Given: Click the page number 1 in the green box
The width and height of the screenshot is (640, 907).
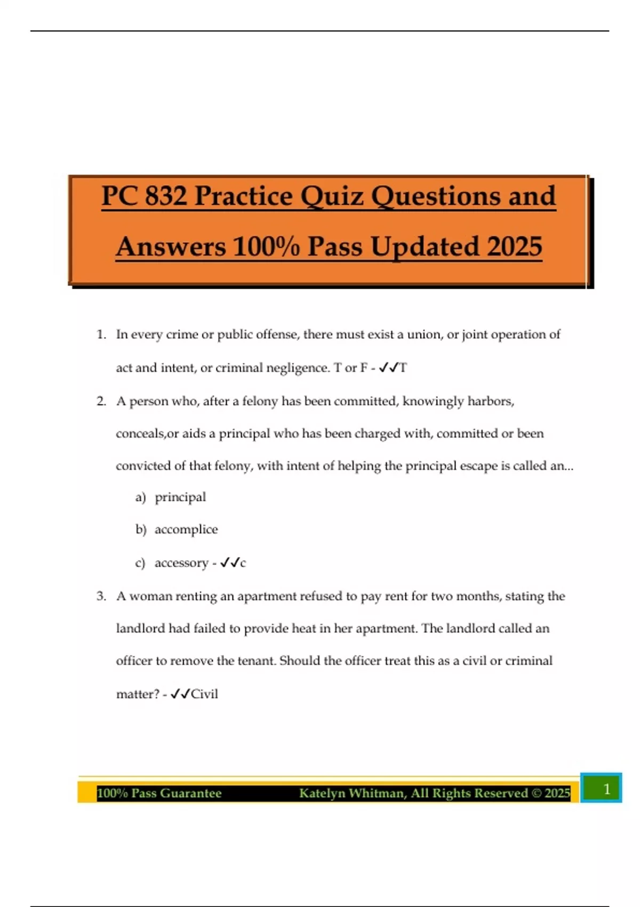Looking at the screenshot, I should [x=606, y=789].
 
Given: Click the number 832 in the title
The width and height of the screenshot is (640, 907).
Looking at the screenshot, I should [x=165, y=196].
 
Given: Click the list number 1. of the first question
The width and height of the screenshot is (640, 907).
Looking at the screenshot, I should [x=101, y=335].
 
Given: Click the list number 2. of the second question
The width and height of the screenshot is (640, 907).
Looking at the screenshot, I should [x=101, y=401].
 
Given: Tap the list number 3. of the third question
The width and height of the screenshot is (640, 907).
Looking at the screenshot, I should [x=101, y=596].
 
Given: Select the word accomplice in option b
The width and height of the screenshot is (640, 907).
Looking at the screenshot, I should [x=186, y=529].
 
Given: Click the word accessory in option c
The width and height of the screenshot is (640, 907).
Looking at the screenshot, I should [x=181, y=563].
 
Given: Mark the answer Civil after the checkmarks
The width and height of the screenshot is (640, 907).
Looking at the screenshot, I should [x=204, y=694].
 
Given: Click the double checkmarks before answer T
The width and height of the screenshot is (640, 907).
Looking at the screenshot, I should [x=388, y=368].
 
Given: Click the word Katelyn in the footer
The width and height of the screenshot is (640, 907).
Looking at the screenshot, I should [x=322, y=793].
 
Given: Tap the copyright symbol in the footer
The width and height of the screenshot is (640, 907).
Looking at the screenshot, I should [x=537, y=793].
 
